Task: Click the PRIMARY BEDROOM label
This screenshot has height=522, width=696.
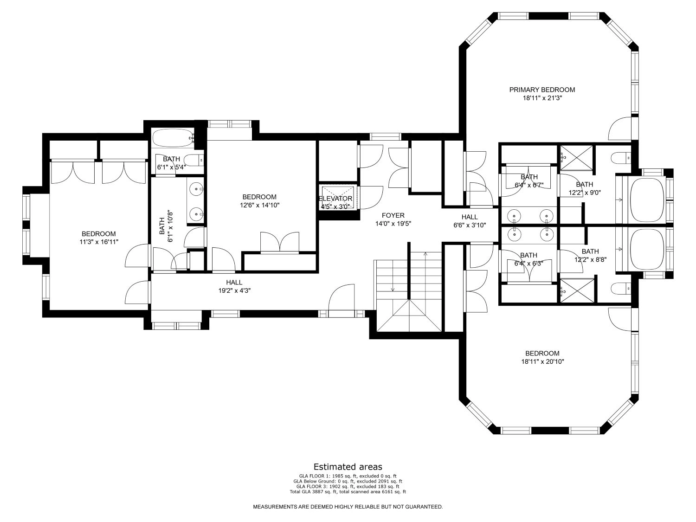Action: (x=542, y=90)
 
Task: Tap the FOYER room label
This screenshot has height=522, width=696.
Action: (x=393, y=215)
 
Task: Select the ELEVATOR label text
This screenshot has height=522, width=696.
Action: (x=335, y=199)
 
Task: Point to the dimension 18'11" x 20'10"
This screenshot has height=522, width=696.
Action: (x=542, y=361)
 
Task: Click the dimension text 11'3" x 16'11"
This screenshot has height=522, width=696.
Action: (x=99, y=242)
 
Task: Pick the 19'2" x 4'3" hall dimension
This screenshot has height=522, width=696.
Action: (x=234, y=290)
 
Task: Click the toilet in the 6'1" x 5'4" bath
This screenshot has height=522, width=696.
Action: (x=194, y=161)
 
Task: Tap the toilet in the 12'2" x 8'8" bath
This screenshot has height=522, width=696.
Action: (x=620, y=289)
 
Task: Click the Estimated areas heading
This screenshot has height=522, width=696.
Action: (x=348, y=467)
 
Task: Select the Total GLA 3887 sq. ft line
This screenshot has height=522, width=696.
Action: (x=348, y=492)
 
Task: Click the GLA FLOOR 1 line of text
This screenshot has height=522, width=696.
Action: (x=348, y=476)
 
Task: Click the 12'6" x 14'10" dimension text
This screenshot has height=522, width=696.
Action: (x=260, y=206)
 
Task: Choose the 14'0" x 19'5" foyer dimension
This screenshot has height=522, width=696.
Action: (x=393, y=224)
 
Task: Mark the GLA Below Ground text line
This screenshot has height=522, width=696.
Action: (x=348, y=482)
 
